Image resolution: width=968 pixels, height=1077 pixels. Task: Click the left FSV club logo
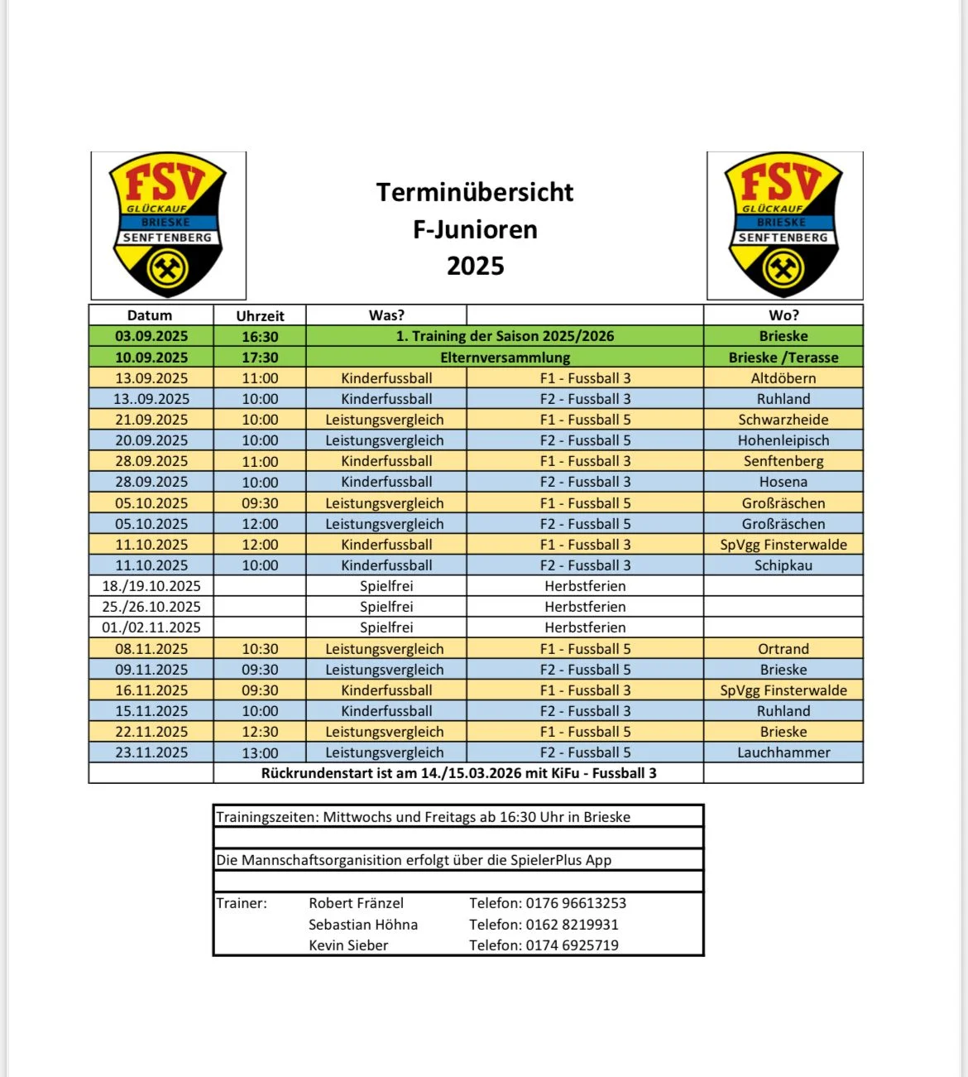[168, 225]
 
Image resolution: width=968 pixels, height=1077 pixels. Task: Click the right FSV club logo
[784, 225]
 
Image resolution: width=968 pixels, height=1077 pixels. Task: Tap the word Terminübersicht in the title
[475, 192]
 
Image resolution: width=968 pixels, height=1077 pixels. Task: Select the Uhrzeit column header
[260, 315]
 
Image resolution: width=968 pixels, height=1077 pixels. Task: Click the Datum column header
[150, 315]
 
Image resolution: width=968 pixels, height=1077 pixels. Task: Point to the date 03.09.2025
[151, 336]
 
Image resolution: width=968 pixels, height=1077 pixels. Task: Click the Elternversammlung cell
[505, 358]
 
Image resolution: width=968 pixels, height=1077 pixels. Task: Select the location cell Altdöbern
[783, 378]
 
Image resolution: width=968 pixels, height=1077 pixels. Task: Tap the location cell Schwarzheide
[783, 420]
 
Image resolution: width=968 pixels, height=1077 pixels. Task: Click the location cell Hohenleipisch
[783, 440]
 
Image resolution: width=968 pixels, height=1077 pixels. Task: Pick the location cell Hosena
[783, 482]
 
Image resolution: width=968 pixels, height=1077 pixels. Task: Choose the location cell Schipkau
[783, 565]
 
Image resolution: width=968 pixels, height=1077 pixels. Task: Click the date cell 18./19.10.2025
[151, 586]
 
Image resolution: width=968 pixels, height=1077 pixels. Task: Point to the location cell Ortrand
[783, 649]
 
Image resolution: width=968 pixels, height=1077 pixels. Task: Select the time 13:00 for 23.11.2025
[260, 752]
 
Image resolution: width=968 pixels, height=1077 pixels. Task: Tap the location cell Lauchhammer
[783, 752]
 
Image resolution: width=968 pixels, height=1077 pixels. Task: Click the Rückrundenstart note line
[458, 773]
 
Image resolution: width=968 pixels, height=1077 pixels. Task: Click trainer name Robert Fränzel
[356, 903]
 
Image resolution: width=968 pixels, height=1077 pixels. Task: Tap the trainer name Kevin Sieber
[348, 945]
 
